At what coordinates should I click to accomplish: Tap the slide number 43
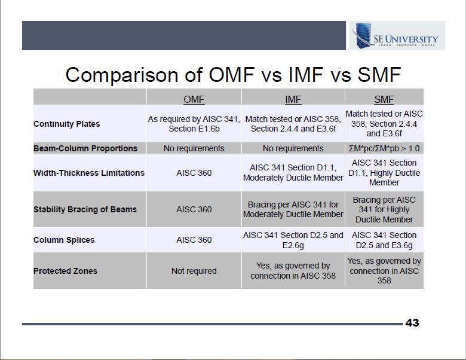click(x=412, y=323)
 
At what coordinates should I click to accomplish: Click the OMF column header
click(x=194, y=99)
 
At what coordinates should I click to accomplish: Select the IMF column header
click(x=293, y=99)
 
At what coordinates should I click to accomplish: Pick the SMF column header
click(x=384, y=99)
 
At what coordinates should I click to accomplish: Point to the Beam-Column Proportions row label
click(x=85, y=148)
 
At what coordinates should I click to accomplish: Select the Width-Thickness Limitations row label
click(x=89, y=173)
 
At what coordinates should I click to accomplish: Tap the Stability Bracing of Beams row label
click(x=85, y=209)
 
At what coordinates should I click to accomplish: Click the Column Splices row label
click(x=64, y=240)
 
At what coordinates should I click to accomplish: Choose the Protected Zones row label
click(x=65, y=271)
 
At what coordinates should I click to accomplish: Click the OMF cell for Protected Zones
click(x=194, y=271)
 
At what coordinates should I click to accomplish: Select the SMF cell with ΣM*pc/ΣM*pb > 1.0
click(x=384, y=148)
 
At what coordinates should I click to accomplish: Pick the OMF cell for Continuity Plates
click(x=194, y=124)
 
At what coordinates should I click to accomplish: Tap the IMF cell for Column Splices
click(x=293, y=240)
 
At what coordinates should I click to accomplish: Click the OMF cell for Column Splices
click(x=194, y=240)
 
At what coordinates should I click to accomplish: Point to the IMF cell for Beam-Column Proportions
click(x=293, y=148)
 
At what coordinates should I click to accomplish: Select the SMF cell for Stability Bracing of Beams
click(x=384, y=209)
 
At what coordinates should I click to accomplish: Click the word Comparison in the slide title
click(x=122, y=75)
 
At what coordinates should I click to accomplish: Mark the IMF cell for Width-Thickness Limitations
click(x=293, y=173)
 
